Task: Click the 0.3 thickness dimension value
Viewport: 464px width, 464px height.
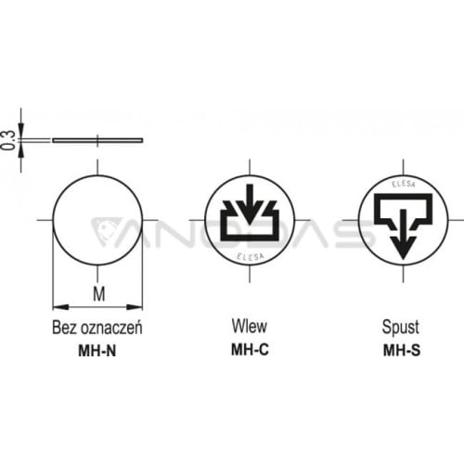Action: pos(7,140)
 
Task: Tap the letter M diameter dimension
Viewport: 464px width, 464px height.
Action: pos(99,293)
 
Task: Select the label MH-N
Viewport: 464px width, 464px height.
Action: pos(97,351)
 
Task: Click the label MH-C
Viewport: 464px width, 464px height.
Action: pos(250,350)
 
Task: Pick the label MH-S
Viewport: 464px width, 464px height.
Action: pos(402,351)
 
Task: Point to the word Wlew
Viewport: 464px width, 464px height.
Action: pos(250,326)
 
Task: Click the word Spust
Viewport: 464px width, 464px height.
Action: pos(401,328)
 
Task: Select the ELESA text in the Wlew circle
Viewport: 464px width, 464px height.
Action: pos(251,256)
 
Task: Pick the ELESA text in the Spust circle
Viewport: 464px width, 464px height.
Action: pos(404,184)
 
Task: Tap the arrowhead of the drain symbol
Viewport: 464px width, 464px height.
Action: pos(403,248)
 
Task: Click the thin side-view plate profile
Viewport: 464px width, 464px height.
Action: pos(97,140)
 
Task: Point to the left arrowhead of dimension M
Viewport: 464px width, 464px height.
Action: pos(60,307)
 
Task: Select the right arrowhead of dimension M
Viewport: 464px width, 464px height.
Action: pos(135,307)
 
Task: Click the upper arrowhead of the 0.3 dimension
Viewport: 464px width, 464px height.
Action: pos(20,131)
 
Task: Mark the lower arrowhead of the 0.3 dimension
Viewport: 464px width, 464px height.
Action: pos(20,150)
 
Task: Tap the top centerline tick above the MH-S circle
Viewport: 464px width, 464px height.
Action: pos(403,167)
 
